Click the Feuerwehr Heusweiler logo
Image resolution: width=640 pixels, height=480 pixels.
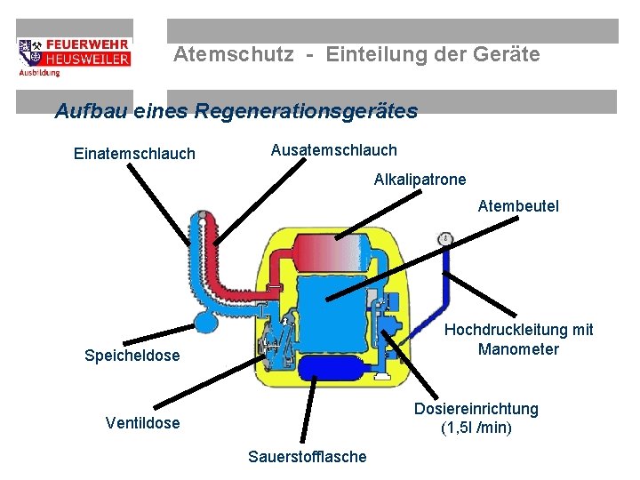[74, 57]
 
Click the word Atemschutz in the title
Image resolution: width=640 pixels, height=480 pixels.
[233, 54]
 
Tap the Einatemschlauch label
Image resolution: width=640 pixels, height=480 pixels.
[134, 154]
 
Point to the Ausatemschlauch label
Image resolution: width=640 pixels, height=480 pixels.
[333, 150]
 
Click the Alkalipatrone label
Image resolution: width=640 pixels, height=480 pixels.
[420, 180]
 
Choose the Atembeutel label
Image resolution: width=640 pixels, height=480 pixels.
[518, 206]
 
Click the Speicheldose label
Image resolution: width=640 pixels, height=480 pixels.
[132, 356]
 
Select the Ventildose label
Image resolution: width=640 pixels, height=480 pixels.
[142, 423]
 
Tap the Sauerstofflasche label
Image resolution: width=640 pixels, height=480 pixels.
[307, 457]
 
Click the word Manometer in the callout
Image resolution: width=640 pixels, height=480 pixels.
[518, 349]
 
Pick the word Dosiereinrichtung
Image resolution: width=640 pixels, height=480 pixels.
[476, 409]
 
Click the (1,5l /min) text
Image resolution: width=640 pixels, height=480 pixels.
[476, 428]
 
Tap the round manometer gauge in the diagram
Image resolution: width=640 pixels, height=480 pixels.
[444, 238]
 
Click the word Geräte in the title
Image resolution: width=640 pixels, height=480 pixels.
[507, 54]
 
